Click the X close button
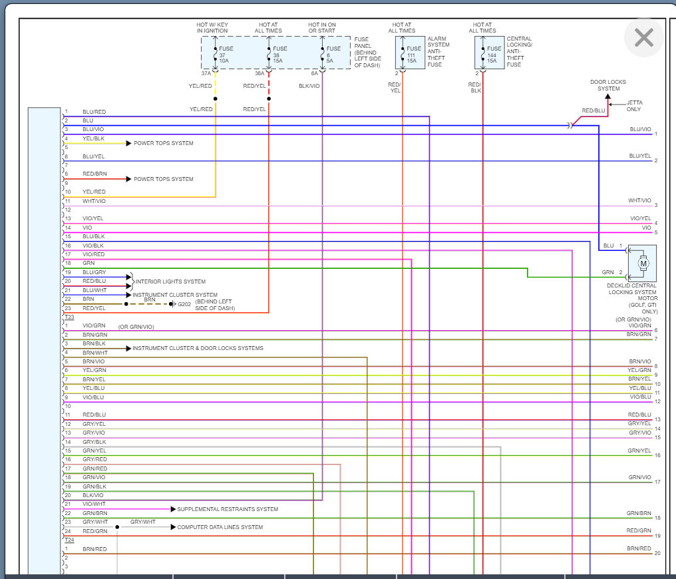643,38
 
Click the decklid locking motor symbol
643,264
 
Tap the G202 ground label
183,304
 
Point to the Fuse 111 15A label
413,55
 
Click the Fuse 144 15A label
493,55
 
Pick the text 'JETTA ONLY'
635,106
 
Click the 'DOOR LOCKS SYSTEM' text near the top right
608,85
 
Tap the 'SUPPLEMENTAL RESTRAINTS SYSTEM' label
228,509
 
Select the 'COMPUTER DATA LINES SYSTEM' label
220,527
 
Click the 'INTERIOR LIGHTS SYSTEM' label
170,282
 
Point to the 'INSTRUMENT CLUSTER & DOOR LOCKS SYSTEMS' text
198,348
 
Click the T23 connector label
69,317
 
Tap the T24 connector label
69,540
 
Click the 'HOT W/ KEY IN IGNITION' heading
212,27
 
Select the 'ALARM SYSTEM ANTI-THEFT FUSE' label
438,52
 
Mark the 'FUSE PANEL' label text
368,52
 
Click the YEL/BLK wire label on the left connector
93,138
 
